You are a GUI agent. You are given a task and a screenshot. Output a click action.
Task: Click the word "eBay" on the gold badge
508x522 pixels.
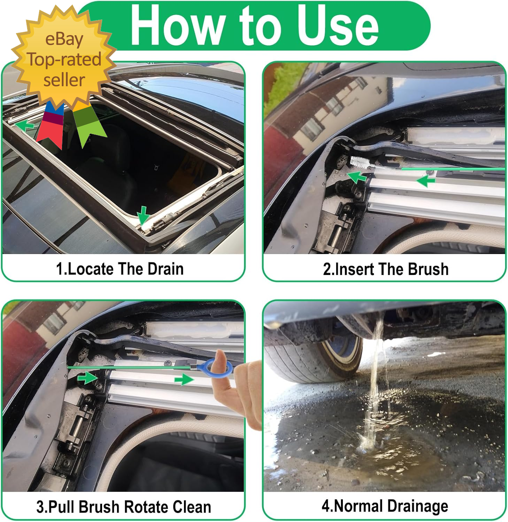click(x=64, y=39)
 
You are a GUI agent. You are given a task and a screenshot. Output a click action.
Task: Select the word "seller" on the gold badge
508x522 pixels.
click(x=64, y=80)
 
